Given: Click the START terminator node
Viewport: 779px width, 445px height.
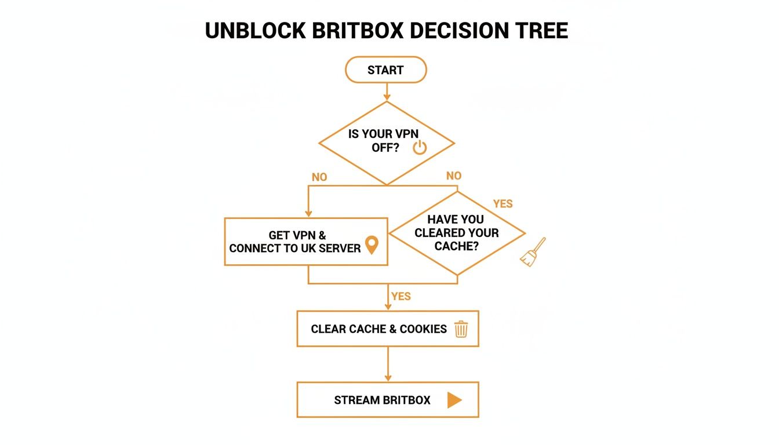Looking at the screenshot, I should point(385,70).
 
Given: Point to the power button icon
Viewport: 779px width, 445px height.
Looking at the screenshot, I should point(420,148).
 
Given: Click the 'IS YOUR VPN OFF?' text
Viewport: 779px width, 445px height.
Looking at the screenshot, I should point(382,141).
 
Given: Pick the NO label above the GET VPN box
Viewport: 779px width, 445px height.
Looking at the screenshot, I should point(319,177).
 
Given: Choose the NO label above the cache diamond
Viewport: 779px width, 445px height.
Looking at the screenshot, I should point(454,176).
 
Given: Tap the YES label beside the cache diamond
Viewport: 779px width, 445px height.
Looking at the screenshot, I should point(503,204).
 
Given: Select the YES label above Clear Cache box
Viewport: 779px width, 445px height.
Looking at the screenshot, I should point(401,296).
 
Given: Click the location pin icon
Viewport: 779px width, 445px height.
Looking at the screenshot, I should point(371,245).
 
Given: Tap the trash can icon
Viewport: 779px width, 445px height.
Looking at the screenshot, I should point(461,329).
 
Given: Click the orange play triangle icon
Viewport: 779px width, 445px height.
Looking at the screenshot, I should point(454,400).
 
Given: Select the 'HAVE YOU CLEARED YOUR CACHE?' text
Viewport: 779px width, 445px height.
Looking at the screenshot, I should point(456,233).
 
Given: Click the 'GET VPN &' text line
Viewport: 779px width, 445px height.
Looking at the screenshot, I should point(297,235).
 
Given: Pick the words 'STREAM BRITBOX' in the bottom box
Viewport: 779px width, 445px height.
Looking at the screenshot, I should point(382,400).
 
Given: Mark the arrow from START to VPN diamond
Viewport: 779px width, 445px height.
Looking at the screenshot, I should point(387,92).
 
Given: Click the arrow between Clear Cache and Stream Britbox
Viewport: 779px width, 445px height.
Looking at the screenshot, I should point(388,364).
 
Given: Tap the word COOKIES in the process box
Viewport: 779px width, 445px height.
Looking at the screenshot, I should point(423,329).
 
